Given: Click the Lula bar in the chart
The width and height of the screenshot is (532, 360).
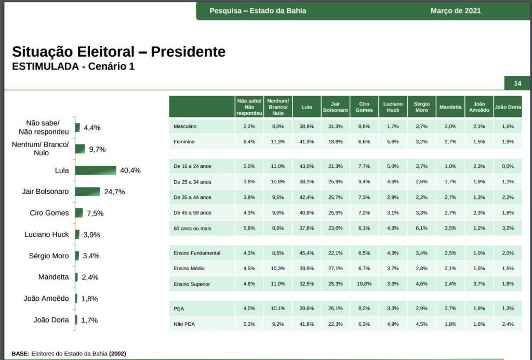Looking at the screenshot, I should coord(96,170).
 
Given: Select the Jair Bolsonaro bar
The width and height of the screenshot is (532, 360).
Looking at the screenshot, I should coord(87,192).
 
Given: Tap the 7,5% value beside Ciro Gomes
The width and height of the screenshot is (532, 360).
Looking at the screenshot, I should coord(95,213).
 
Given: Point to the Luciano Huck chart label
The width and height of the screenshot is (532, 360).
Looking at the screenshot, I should coord(46,234).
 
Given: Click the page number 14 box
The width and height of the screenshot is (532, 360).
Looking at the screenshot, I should coord(517,84).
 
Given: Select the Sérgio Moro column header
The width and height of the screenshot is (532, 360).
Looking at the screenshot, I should coord(421,107).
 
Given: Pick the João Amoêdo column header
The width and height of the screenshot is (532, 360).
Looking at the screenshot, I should coord(478,107).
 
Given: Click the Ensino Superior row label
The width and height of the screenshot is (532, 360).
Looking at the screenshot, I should coord(192,284).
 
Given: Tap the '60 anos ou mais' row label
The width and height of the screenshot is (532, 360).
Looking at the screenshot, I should coord(192,228).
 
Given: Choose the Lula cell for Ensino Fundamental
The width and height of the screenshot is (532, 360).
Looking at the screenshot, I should coord(307,253).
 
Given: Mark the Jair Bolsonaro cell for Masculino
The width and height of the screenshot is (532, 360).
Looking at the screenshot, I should coord(335,126).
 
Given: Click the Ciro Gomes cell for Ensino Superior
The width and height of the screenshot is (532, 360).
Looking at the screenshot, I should coord(364,284).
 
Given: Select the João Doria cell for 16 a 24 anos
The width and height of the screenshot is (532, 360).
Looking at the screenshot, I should coord(508,166).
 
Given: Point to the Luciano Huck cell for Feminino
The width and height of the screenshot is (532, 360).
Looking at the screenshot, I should coord(393,142).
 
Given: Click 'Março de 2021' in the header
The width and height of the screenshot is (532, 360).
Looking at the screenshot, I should coord(456,11).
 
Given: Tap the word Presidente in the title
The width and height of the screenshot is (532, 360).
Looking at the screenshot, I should coord(188,52).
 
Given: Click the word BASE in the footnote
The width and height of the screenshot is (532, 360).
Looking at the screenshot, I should coord(20,354).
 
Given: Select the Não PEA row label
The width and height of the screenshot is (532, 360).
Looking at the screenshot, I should coord(184,324).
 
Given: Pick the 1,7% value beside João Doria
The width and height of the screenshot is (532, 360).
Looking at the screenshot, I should coord(89,320).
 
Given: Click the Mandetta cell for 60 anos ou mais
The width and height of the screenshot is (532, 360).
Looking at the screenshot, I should coord(450,228).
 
